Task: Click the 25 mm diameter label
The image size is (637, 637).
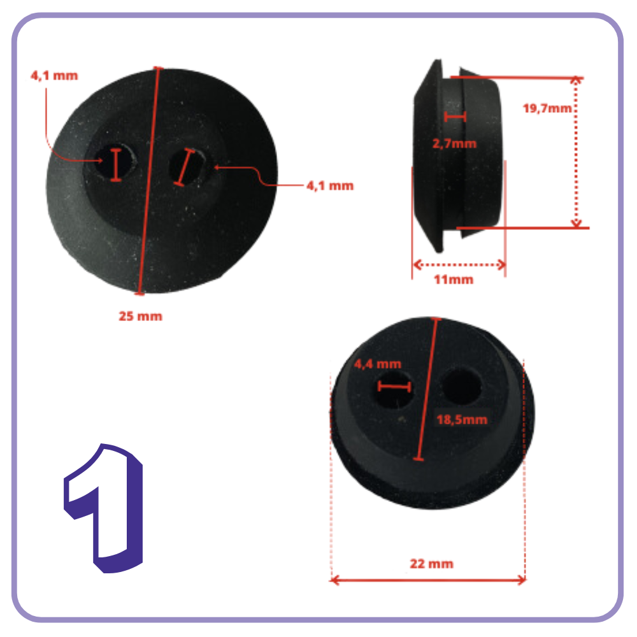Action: tap(141, 316)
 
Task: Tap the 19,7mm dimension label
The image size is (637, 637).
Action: tap(547, 108)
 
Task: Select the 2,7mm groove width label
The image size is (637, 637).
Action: tap(454, 143)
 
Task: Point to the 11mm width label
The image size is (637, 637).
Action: tap(454, 280)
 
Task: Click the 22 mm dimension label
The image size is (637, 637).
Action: tap(431, 564)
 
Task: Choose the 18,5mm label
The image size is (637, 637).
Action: tap(462, 419)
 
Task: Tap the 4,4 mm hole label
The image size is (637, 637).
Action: tap(377, 364)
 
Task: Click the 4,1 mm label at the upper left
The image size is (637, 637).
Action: tap(54, 76)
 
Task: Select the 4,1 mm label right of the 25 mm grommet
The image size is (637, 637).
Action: tap(330, 186)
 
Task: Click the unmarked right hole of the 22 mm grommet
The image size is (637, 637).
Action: tap(461, 386)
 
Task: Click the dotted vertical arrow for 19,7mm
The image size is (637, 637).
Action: tap(576, 152)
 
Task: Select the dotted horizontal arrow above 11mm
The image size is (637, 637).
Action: tap(459, 265)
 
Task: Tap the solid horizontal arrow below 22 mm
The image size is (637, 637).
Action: tap(428, 580)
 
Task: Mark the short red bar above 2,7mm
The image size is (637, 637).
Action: tap(455, 117)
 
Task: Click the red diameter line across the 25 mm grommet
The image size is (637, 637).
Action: tap(148, 180)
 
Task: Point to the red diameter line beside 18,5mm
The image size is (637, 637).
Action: tap(427, 389)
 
